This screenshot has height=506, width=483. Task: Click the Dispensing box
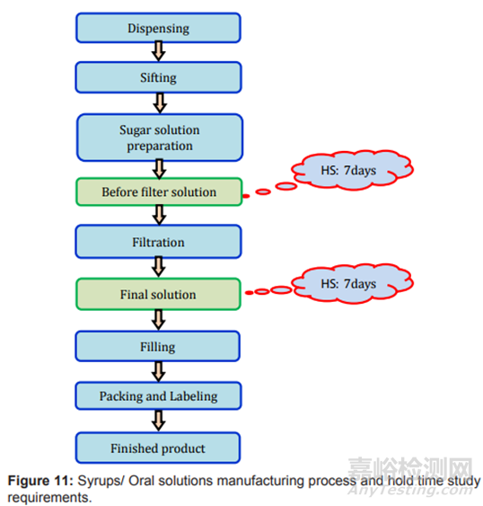158,28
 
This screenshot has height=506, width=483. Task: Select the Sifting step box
158,77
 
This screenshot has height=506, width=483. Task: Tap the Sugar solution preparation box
160,138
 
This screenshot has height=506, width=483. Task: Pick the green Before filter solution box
159,191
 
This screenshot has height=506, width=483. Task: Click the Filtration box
158,242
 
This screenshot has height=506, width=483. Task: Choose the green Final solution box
158,294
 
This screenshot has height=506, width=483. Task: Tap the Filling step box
158,346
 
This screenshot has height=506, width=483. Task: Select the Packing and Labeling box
158,396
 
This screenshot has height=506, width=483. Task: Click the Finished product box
158,448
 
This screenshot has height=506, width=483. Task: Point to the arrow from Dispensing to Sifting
159,51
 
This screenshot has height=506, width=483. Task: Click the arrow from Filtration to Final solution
159,267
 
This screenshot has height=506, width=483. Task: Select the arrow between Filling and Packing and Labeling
159,371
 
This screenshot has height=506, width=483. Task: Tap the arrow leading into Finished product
159,421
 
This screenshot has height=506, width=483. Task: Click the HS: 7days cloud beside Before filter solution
352,170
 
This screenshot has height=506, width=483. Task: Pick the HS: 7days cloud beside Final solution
352,284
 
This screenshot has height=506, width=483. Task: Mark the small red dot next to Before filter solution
246,196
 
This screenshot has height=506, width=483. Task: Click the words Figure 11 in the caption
40,481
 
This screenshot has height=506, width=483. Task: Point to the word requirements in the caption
49,497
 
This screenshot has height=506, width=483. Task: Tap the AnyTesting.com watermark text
410,490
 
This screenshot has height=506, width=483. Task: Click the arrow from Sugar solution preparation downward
159,169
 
